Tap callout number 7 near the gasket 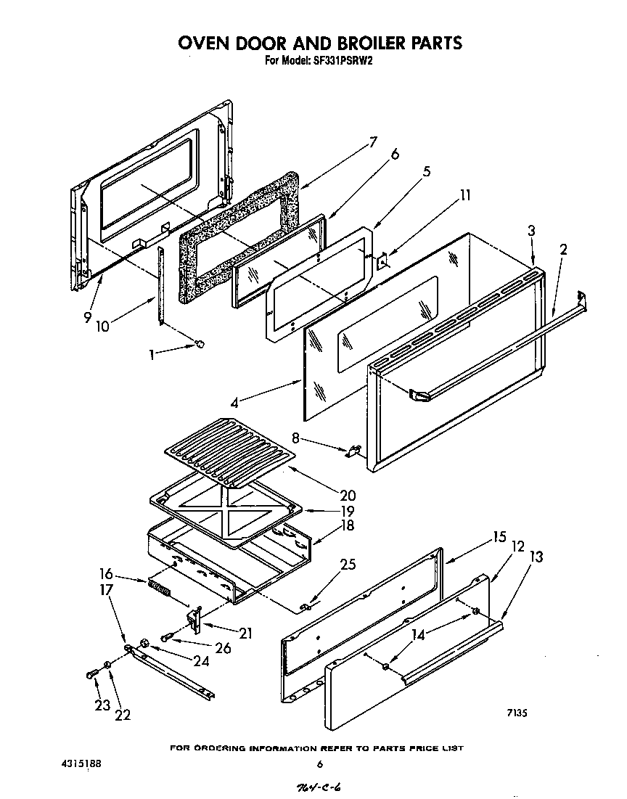[x=372, y=142]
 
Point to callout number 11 [x=464, y=194]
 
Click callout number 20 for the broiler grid [x=348, y=496]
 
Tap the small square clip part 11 [x=384, y=260]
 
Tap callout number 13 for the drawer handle [x=536, y=557]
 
